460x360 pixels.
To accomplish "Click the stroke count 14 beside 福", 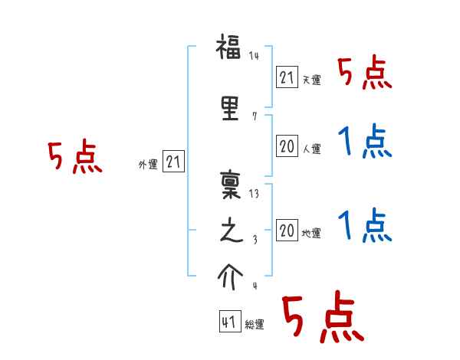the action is coord(254,57).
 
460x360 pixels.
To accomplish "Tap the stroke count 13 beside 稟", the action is coord(254,193).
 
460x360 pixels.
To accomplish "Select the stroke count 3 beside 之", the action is coord(255,241).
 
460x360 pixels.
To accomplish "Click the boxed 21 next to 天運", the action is coord(287,77).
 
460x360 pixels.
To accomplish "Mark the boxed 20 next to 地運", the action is coord(287,231).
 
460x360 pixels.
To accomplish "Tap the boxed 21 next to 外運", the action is coord(173,162).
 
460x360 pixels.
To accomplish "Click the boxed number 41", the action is coord(229,322).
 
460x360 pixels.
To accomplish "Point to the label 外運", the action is coord(147,165).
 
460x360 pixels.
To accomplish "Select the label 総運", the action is coord(255,325).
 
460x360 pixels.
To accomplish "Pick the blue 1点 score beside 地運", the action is coord(365,225).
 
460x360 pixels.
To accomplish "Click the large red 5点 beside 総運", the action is coord(322,319).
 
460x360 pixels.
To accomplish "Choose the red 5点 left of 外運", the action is coord(74,158).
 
